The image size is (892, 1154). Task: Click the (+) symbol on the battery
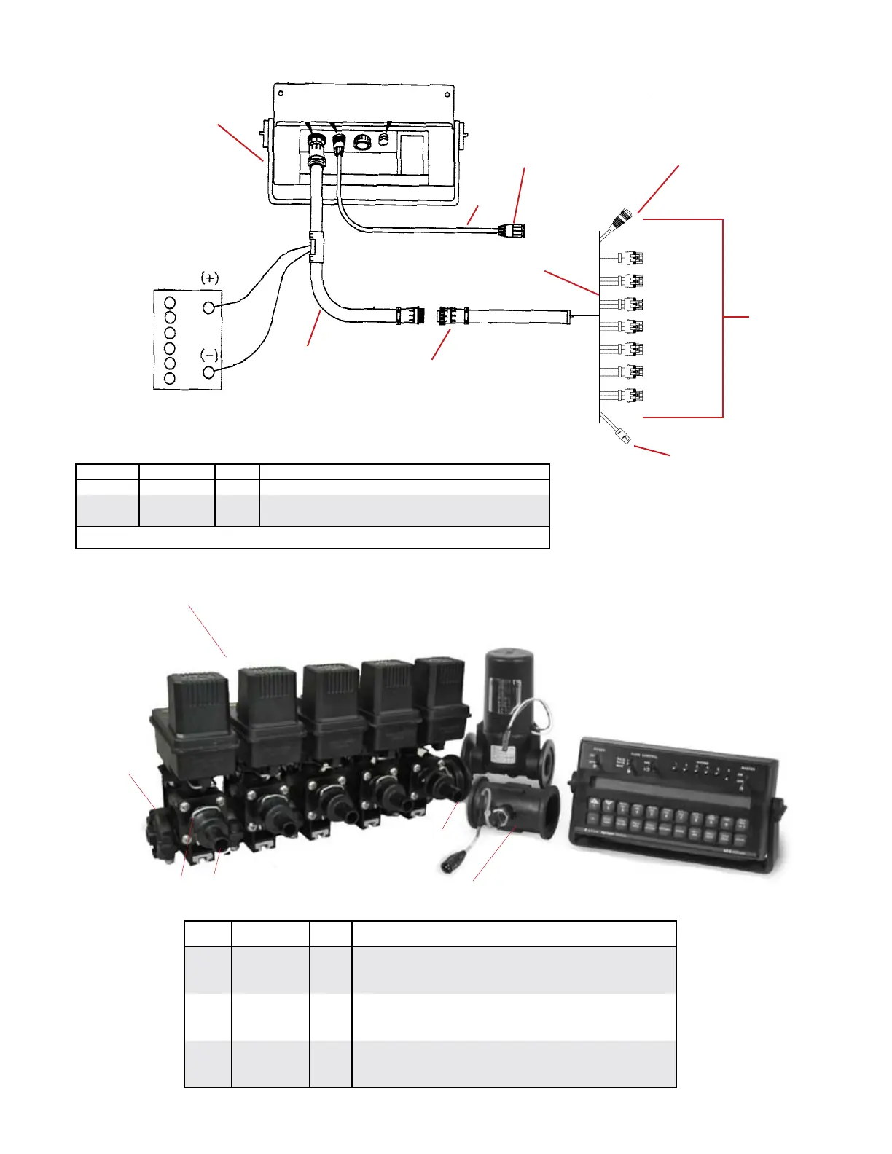coord(210,278)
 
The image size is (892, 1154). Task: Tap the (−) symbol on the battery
coord(209,356)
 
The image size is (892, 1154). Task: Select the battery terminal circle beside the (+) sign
coord(209,307)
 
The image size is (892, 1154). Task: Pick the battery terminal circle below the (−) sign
coord(210,373)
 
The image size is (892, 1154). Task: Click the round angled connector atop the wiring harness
coord(621,219)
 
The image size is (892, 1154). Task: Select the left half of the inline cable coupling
coord(410,315)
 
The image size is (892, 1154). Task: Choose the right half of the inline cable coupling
coord(450,315)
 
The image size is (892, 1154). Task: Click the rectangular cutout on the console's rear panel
coord(412,153)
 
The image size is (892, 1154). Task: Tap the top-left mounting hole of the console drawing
coord(281,94)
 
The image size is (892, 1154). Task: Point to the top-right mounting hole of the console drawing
coord(446,94)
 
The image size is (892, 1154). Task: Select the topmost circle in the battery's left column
coord(170,302)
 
